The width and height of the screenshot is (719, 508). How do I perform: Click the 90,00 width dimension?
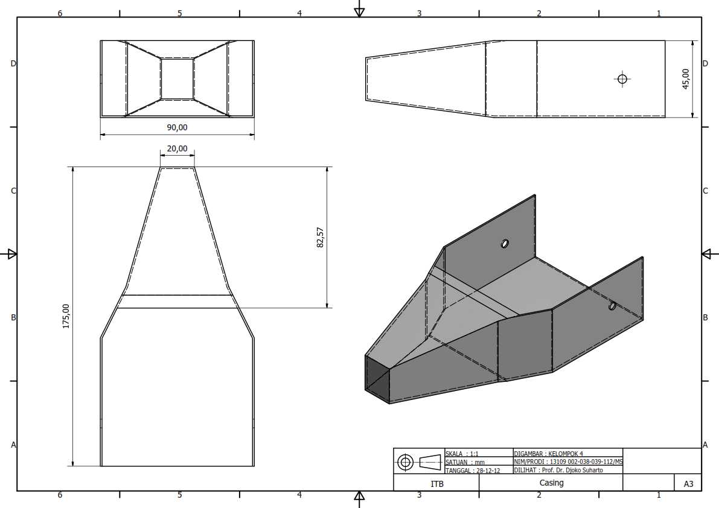click(x=177, y=127)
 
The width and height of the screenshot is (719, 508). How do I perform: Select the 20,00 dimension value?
click(x=177, y=149)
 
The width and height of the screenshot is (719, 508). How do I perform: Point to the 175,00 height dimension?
click(x=66, y=316)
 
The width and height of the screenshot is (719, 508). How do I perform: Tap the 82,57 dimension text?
click(x=320, y=237)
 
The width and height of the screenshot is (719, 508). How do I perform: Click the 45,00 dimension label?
click(x=686, y=79)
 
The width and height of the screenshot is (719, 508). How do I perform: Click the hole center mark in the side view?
click(x=622, y=79)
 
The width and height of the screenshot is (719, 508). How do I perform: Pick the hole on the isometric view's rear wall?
click(x=505, y=243)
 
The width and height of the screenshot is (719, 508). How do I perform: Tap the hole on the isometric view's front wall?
click(x=612, y=305)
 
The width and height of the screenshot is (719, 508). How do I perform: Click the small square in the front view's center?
click(x=177, y=78)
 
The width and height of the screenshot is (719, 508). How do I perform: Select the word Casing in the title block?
click(x=551, y=483)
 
